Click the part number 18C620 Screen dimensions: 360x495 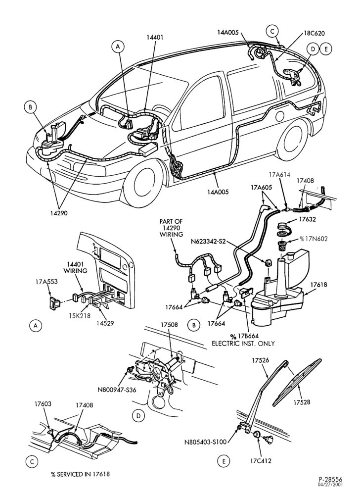pyautogui.click(x=315, y=33)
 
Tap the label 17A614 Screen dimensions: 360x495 pyautogui.click(x=279, y=174)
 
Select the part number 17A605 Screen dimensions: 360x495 pyautogui.click(x=261, y=187)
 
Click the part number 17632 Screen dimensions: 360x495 pyautogui.click(x=307, y=219)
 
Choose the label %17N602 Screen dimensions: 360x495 pyautogui.click(x=314, y=239)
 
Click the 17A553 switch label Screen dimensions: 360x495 pyautogui.click(x=46, y=281)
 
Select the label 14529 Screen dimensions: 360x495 pyautogui.click(x=105, y=323)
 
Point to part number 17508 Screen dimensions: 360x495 pyautogui.click(x=169, y=325)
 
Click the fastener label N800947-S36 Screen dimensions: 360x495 pyautogui.click(x=117, y=390)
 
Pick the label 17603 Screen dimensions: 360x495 pyautogui.click(x=43, y=404)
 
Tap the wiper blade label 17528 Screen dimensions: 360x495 pyautogui.click(x=302, y=402)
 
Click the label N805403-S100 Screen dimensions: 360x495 pyautogui.click(x=205, y=442)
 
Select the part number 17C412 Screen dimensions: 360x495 pyautogui.click(x=261, y=461)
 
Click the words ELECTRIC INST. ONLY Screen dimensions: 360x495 pyautogui.click(x=243, y=344)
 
